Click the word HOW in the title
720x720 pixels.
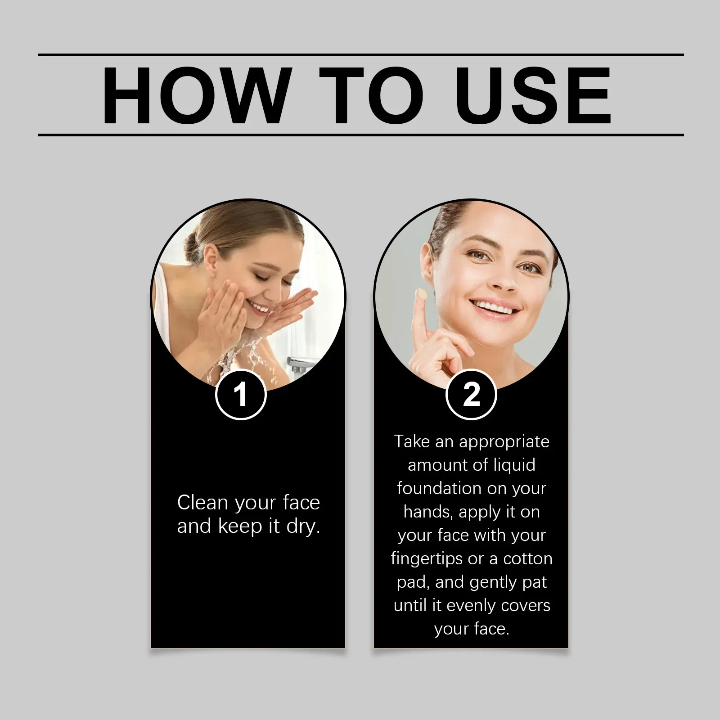tap(194, 95)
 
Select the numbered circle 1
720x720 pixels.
tap(241, 395)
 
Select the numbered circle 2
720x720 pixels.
tap(471, 395)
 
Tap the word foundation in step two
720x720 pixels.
tap(432, 488)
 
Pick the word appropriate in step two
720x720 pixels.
tap(504, 442)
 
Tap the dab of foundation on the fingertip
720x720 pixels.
tap(422, 294)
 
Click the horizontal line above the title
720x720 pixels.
tap(360, 55)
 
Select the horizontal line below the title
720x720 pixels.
tap(360, 135)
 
